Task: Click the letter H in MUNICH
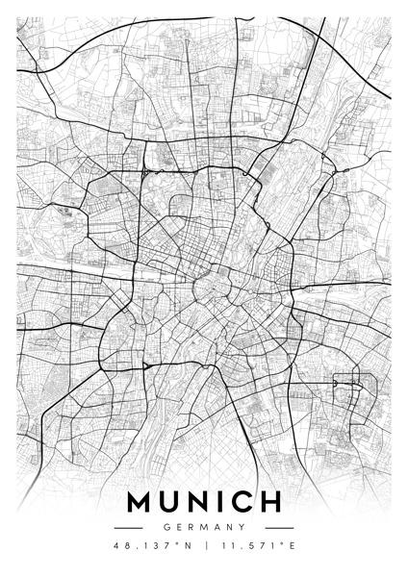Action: coord(271,503)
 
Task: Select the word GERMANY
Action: coord(204,527)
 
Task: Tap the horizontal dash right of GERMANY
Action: coord(279,527)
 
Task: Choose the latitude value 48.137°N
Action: coord(152,546)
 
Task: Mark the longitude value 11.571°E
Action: coord(256,546)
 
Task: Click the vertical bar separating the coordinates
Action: coord(204,546)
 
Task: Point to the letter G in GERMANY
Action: coord(166,527)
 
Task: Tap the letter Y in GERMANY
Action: coord(242,527)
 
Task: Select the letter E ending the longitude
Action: coord(292,546)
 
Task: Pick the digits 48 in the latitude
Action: coord(119,546)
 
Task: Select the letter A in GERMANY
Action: coord(217,527)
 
